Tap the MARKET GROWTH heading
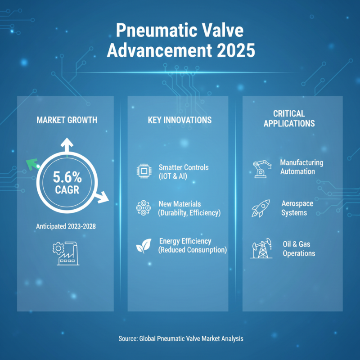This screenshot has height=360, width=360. pos(67,120)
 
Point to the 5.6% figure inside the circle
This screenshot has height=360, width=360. pos(68,176)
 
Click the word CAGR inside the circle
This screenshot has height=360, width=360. pos(67,189)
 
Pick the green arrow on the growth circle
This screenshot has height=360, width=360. pos(31,164)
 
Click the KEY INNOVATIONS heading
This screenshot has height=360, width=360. pos(180,120)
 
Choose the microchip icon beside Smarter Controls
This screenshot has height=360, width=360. pos(143,171)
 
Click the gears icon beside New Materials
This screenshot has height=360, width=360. pos(143,208)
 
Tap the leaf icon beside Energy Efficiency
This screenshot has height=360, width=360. pos(143,246)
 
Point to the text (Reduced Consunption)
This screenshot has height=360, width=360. pos(192,250)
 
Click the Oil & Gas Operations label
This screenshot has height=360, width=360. pos(298,249)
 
